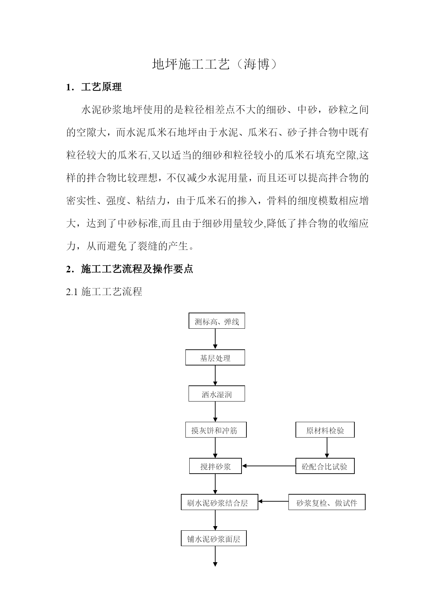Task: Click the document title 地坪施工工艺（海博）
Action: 217,64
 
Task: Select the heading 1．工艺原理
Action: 94,87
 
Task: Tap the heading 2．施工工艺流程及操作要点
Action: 130,269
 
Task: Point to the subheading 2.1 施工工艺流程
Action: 104,292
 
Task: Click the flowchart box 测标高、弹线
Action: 217,321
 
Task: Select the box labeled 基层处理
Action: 215,358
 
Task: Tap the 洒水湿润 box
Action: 217,394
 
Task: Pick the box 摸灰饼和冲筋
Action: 216,430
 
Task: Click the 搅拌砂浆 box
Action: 216,466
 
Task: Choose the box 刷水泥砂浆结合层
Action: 219,502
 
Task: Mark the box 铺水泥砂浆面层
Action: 214,538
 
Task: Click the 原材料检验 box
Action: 325,430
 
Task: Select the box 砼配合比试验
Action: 325,466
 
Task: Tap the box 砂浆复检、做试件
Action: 327,502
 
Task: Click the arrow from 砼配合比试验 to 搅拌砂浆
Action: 269,466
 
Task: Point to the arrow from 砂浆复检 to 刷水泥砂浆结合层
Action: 273,501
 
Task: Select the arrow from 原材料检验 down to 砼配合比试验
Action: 327,448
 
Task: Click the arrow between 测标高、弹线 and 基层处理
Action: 215,339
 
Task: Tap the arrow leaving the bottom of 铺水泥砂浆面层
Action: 215,556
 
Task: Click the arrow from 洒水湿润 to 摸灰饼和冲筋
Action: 215,412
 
